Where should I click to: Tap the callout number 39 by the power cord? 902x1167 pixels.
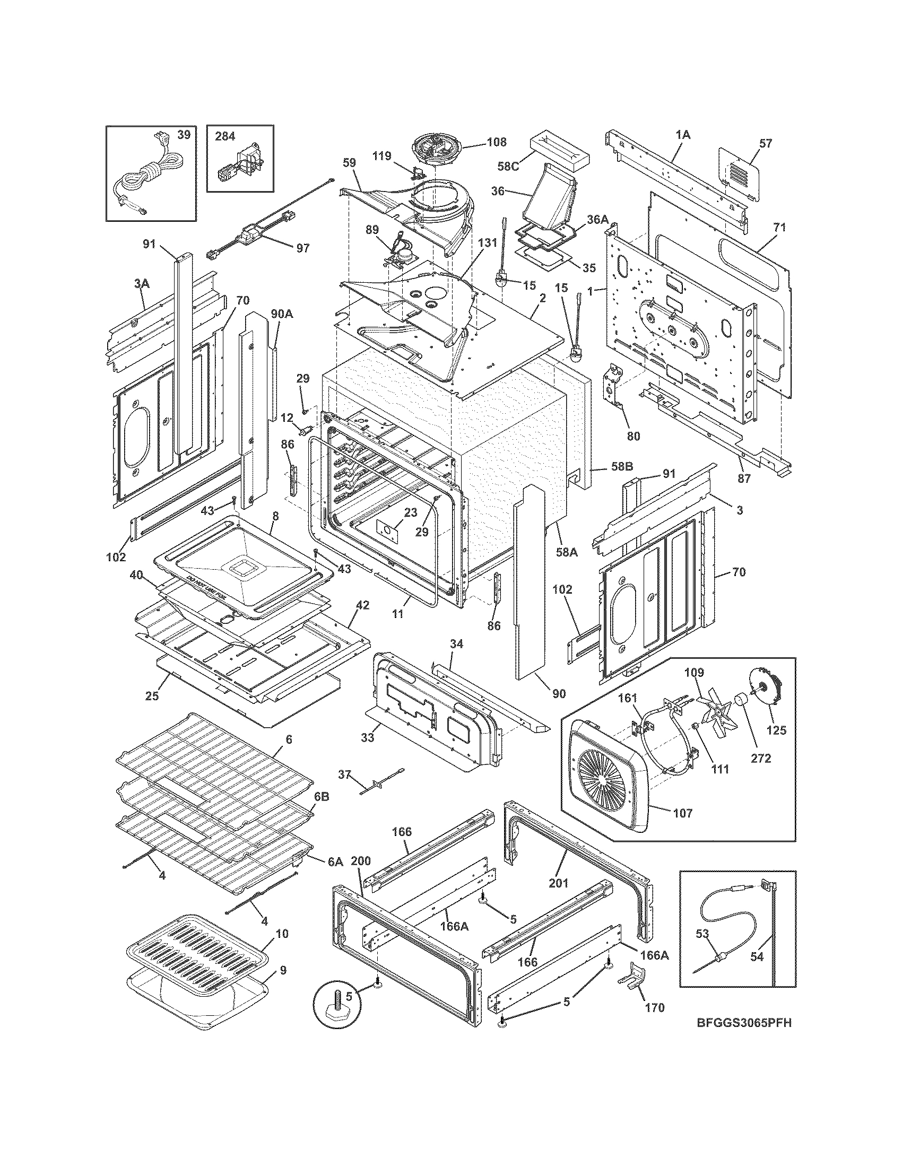click(184, 135)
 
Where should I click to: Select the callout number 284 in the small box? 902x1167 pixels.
click(225, 136)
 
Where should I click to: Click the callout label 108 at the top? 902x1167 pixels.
click(497, 142)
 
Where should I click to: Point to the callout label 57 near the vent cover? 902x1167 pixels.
click(766, 143)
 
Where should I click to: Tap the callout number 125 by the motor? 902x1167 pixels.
click(776, 730)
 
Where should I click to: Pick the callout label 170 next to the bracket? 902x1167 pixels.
click(655, 1007)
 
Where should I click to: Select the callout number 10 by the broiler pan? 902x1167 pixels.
click(282, 934)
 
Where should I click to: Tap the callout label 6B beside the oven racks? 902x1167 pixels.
click(321, 811)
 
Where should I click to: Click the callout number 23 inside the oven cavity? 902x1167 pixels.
click(410, 512)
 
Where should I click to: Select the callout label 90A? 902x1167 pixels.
click(282, 314)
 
